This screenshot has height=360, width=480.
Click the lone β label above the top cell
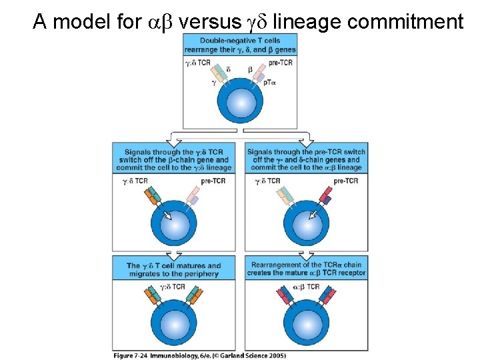(250, 69)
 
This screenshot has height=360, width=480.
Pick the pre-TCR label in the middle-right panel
(347, 181)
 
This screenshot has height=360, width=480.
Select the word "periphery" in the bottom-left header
(203, 273)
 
